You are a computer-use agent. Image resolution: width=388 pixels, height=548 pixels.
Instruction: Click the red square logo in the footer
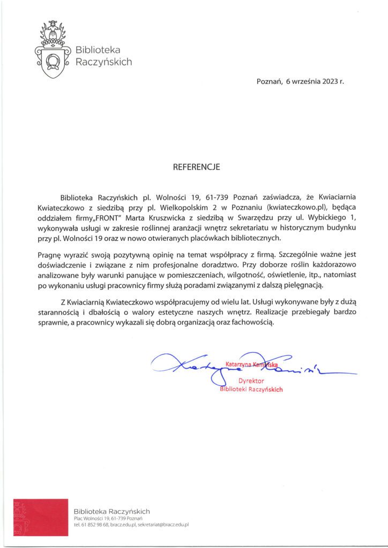click(x=41, y=517)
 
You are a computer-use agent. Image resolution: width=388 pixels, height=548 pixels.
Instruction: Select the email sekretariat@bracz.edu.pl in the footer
click(x=163, y=526)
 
